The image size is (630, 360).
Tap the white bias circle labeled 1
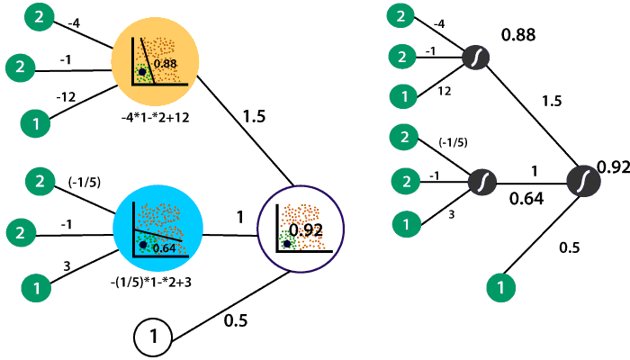coord(154,337)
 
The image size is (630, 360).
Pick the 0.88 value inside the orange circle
coord(164,64)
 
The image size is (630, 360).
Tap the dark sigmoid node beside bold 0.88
coord(476,58)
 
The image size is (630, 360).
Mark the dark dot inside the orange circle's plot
coord(142,71)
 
